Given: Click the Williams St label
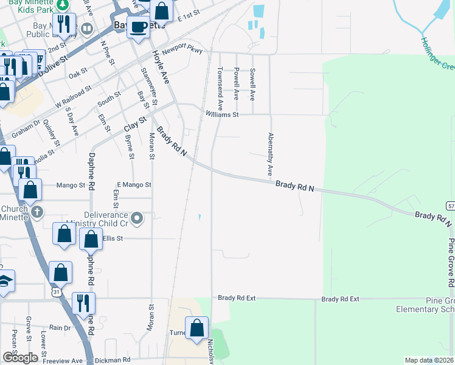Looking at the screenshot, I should pos(222,114).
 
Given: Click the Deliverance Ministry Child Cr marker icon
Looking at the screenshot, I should pos(138,218).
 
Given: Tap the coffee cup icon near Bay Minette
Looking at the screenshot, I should pos(139,27).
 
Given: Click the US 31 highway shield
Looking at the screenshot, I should pos(56,293).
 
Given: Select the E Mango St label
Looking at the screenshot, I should pos(134,184).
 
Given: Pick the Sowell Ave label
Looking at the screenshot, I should pos(252,84).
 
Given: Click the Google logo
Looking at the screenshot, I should pos(20,358).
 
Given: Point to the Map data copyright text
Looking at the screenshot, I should pos(429,361).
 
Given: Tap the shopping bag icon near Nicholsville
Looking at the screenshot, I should pos(196,328).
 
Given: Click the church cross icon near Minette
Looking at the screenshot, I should pos(37,212).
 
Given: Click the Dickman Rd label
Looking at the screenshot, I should pos(116,360).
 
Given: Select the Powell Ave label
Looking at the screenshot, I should pos(236,84).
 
